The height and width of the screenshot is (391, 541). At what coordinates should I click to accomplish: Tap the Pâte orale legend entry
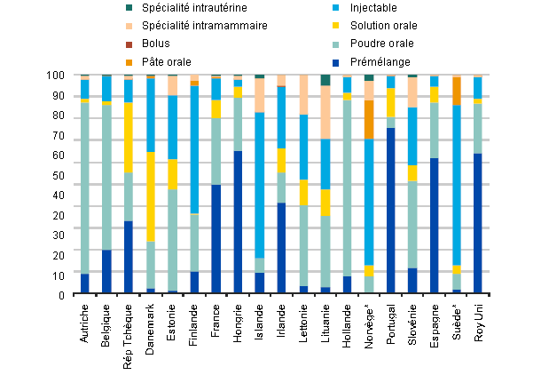[169, 60]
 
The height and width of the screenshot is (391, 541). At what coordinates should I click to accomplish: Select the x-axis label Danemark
[151, 323]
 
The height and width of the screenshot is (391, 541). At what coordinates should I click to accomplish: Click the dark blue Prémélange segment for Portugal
[391, 210]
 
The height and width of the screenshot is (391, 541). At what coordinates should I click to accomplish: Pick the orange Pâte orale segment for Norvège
[369, 119]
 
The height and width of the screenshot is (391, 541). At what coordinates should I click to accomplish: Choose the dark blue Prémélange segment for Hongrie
[238, 221]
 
